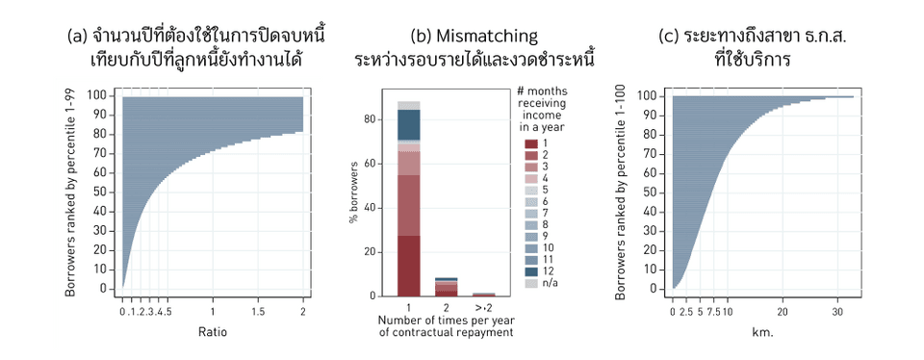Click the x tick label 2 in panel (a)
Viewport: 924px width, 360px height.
(302, 312)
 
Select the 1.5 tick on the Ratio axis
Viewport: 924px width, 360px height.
(258, 312)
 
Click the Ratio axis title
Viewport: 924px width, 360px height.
(213, 333)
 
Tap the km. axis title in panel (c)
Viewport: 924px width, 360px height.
(762, 333)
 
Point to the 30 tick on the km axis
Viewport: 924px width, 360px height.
(836, 312)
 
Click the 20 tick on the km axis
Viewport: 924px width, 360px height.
(783, 312)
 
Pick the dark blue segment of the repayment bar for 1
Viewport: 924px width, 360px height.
(409, 124)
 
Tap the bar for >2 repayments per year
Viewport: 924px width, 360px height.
(483, 294)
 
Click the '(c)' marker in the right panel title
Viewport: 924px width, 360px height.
(669, 36)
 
